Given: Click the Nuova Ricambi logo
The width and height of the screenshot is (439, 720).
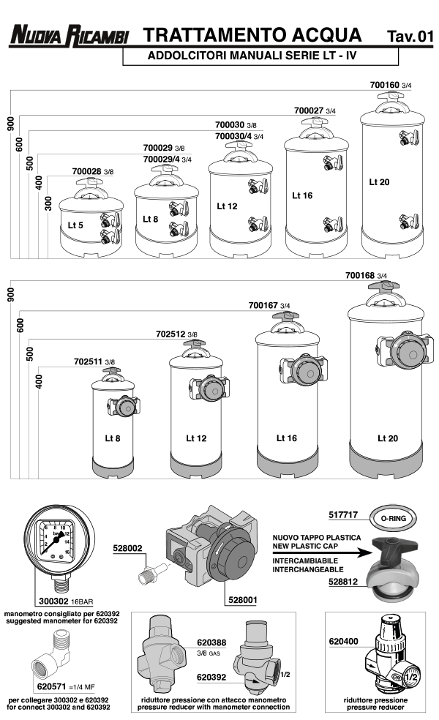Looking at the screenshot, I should pos(69,37).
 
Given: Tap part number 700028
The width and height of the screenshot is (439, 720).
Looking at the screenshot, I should pos(86,171).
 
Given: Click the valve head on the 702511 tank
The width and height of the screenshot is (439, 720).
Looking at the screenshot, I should pos(123,407).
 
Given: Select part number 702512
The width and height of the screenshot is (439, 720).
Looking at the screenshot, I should pos(170,334).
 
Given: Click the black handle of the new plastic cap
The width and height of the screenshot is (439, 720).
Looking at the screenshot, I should pos(391,545).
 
